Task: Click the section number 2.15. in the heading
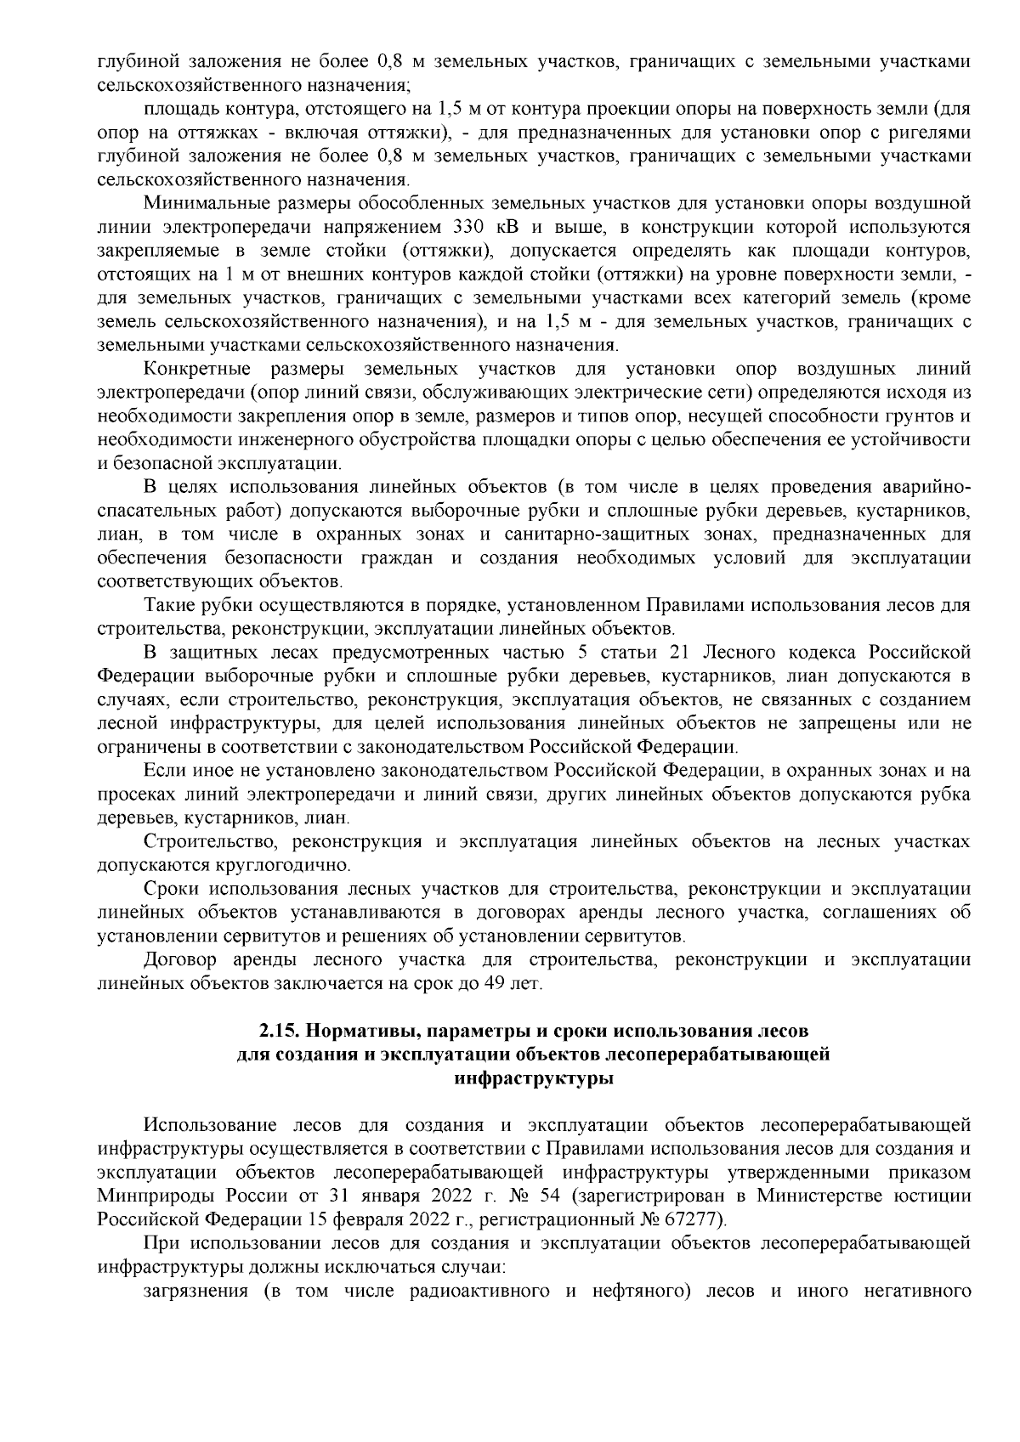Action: pyautogui.click(x=280, y=1032)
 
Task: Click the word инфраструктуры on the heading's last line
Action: pyautogui.click(x=534, y=1079)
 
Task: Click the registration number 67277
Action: pyautogui.click(x=700, y=1220)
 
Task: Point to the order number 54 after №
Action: pyautogui.click(x=552, y=1196)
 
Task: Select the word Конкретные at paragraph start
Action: pyautogui.click(x=197, y=370)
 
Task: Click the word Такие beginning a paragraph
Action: pyautogui.click(x=169, y=606)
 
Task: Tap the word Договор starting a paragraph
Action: pyautogui.click(x=181, y=960)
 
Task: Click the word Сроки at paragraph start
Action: pyautogui.click(x=171, y=889)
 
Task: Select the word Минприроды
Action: pyautogui.click(x=150, y=1196)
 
